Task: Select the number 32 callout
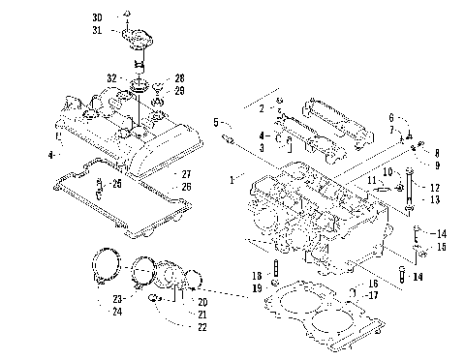tap(112, 77)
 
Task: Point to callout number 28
tap(177, 76)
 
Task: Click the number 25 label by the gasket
tap(116, 183)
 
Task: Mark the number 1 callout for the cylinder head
tap(230, 180)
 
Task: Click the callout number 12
tap(434, 187)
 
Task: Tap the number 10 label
tap(385, 171)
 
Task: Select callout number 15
tap(441, 247)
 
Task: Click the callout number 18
tap(257, 276)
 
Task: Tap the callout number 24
tap(115, 312)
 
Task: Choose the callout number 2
tap(262, 109)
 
